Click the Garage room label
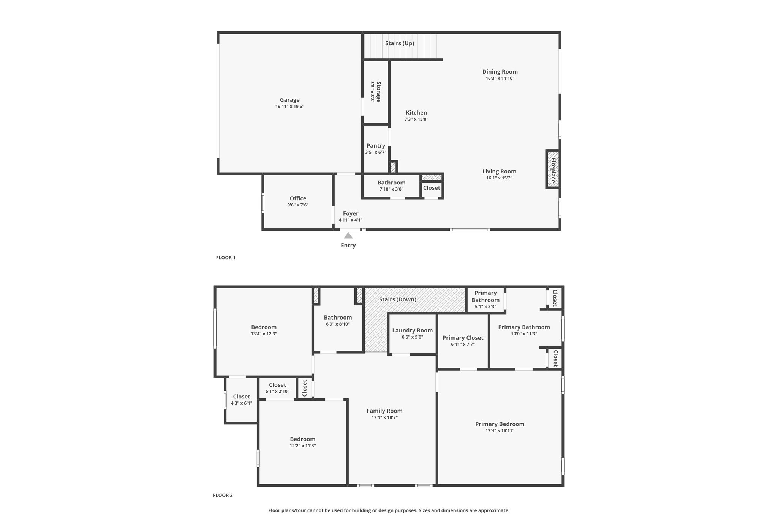pyautogui.click(x=289, y=100)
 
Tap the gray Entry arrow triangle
pyautogui.click(x=348, y=236)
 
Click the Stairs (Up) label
pyautogui.click(x=399, y=43)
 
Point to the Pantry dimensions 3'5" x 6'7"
pyautogui.click(x=375, y=152)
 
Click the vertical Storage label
pyautogui.click(x=378, y=92)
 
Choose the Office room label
pyautogui.click(x=297, y=198)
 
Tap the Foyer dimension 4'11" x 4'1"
pyautogui.click(x=350, y=220)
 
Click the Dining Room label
pyautogui.click(x=500, y=72)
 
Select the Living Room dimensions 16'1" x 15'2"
pyautogui.click(x=499, y=178)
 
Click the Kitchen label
pyautogui.click(x=416, y=113)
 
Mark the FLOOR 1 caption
pyautogui.click(x=226, y=258)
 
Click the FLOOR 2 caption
pyautogui.click(x=223, y=495)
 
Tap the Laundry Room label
pyautogui.click(x=412, y=331)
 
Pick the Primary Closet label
pyautogui.click(x=463, y=338)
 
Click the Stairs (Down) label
pyautogui.click(x=397, y=299)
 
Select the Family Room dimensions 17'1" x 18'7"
pyautogui.click(x=384, y=417)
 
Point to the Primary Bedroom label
pyautogui.click(x=500, y=424)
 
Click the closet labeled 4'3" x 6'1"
pyautogui.click(x=241, y=397)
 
